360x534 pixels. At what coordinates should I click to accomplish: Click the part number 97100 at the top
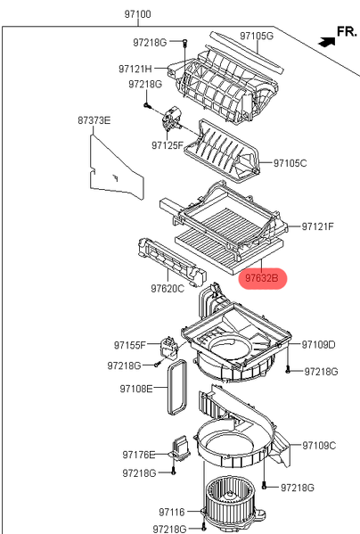137,14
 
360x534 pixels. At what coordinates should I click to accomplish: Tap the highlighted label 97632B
262,278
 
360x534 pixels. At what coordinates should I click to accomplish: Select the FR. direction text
347,31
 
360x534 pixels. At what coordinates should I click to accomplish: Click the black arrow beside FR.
327,42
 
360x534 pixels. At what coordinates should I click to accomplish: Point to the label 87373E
94,120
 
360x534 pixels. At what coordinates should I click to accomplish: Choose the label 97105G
257,36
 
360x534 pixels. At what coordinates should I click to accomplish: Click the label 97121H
135,69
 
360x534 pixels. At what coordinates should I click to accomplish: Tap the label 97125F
168,145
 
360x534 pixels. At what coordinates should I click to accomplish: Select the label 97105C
290,163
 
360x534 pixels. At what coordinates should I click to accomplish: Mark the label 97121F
318,226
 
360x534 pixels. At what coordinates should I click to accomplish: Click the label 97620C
168,289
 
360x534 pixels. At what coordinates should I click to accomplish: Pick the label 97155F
129,345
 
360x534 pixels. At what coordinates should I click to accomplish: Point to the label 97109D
319,345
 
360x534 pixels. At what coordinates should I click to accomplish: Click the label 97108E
136,389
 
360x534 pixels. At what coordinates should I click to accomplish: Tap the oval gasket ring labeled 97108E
168,388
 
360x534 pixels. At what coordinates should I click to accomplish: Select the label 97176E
139,455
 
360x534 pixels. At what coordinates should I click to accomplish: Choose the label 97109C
319,446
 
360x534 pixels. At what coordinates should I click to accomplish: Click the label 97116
172,513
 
